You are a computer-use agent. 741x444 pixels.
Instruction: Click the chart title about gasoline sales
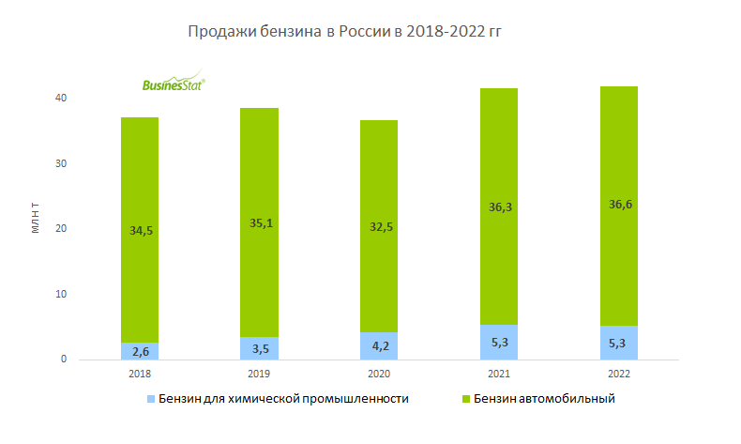tap(346, 32)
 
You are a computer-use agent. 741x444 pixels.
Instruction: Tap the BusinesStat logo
tap(173, 84)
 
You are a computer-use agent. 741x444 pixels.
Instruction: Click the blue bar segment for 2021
tap(498, 342)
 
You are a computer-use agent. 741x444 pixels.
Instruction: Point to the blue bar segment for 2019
tap(259, 348)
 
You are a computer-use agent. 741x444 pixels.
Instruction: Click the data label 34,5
tap(139, 230)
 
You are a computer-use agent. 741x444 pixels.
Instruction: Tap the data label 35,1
tap(259, 223)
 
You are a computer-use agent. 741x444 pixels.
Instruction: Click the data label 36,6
tap(618, 203)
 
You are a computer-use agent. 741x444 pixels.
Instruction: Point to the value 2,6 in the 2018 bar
tap(139, 352)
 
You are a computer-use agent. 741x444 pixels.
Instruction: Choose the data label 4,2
tap(379, 346)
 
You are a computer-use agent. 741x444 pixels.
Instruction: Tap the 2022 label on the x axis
tap(618, 373)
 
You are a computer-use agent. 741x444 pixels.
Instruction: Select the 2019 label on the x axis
tap(259, 373)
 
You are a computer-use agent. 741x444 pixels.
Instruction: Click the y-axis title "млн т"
tap(36, 217)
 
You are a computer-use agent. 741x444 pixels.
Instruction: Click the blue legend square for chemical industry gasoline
tap(150, 400)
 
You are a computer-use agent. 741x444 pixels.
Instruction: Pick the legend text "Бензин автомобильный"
tap(543, 399)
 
